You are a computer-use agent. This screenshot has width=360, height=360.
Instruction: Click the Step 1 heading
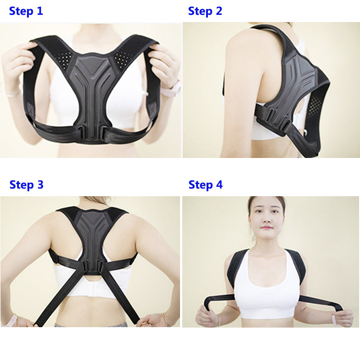(x=26, y=11)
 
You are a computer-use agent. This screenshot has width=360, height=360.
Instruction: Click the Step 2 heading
(x=205, y=11)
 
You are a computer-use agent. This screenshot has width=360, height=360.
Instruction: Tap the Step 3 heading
(x=27, y=185)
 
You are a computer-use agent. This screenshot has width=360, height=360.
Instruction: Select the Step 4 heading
(x=206, y=185)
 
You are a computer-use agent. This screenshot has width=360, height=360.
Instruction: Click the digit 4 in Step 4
(x=219, y=184)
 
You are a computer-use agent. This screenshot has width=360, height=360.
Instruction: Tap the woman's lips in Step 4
(x=266, y=228)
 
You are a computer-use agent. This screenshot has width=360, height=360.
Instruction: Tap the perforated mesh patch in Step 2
(x=314, y=106)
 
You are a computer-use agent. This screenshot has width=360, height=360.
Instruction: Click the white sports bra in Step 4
(x=266, y=287)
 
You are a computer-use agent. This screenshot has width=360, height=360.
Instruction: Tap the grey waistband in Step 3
(x=91, y=324)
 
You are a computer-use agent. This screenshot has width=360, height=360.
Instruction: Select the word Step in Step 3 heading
(x=22, y=185)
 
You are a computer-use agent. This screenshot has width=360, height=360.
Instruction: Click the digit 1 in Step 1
(x=40, y=11)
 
